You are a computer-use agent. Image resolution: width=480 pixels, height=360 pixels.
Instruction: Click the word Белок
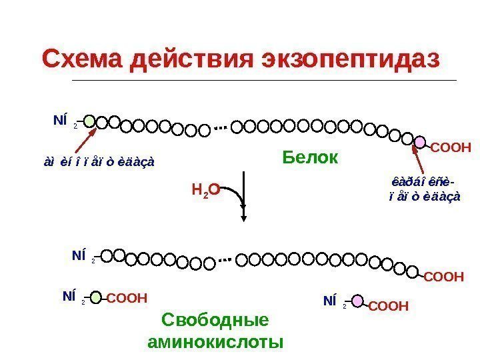pos(310,158)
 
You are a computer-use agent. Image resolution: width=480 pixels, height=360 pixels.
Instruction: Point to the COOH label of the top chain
pos(451,147)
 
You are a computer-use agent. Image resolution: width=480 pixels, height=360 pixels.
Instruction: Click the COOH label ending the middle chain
pos(443,275)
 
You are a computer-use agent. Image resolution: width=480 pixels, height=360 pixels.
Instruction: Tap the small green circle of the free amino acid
pos(96,298)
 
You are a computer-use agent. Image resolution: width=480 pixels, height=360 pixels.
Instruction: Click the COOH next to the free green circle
pos(127,298)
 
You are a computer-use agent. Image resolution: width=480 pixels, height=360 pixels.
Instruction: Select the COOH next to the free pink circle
pos(388,306)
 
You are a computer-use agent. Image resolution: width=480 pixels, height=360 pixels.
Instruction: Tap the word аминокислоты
pos(215,342)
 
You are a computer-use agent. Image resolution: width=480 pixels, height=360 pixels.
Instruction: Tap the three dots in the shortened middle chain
pos(227,260)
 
